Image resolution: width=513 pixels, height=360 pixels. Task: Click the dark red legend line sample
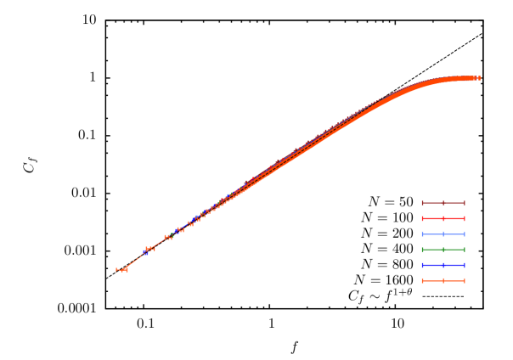tap(443, 203)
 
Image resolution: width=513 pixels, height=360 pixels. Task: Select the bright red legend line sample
tap(443, 218)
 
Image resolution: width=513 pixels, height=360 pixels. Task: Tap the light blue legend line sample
tap(443, 234)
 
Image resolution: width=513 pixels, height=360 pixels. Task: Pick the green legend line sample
tap(443, 250)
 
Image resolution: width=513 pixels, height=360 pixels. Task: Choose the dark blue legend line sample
tap(443, 265)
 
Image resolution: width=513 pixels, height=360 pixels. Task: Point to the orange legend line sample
tap(443, 280)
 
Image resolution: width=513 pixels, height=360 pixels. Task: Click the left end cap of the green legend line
tap(423, 250)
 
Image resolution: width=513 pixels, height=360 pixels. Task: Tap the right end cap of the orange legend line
tap(464, 280)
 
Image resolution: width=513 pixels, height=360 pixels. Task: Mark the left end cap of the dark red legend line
tap(423, 203)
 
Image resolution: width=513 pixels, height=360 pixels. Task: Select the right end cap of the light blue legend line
tap(464, 234)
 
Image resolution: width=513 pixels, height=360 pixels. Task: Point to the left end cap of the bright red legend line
tap(423, 218)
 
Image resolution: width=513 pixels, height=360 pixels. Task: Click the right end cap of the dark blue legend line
tap(464, 265)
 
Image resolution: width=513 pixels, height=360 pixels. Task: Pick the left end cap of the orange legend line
tap(423, 280)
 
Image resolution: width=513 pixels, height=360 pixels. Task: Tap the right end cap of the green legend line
tap(464, 250)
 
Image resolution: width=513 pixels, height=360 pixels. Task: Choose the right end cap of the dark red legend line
tap(464, 203)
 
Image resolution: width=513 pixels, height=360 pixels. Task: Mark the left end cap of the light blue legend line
tap(423, 234)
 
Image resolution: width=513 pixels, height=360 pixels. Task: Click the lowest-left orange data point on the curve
tap(121, 270)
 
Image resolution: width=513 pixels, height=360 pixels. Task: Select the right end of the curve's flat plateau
tap(478, 78)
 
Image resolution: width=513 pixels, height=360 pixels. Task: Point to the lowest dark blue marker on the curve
tap(145, 253)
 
